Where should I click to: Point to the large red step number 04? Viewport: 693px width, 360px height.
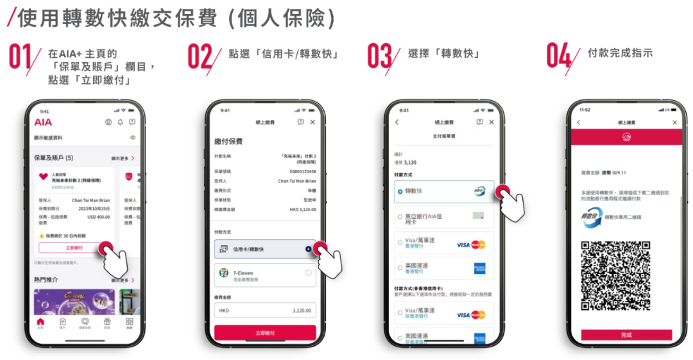[558, 57]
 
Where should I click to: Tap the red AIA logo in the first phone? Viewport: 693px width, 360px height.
[43, 122]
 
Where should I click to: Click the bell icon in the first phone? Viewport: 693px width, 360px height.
[119, 122]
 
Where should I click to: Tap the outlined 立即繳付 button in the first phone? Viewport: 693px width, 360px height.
[74, 247]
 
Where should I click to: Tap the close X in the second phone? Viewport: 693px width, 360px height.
[312, 122]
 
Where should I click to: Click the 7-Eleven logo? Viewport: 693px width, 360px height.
[224, 273]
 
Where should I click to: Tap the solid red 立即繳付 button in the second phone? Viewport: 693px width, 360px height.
[265, 332]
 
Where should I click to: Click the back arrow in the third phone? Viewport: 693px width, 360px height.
[397, 122]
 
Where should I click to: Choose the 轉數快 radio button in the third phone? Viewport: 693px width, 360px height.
[400, 192]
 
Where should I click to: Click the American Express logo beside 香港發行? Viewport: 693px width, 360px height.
[479, 268]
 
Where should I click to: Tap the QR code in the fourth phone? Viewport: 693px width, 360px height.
[615, 276]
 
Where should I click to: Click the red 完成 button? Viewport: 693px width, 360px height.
[626, 335]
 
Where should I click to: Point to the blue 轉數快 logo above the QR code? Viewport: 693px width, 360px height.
[588, 217]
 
